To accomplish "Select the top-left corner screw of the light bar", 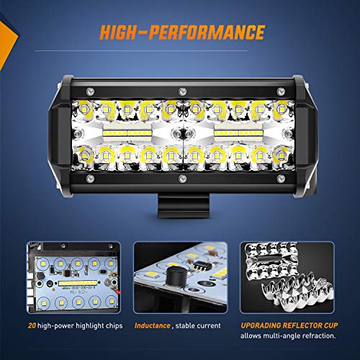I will pyautogui.click(x=89, y=91).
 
